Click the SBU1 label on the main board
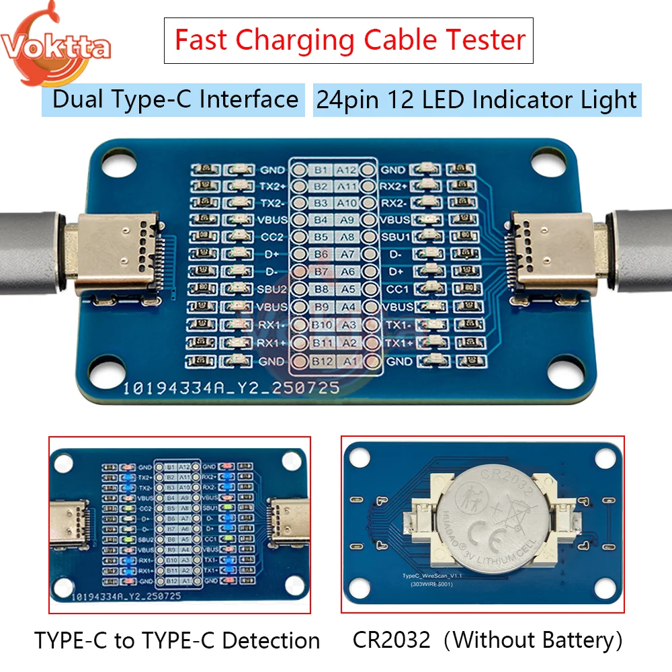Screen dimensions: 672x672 point(394,237)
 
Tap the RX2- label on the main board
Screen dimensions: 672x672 point(394,203)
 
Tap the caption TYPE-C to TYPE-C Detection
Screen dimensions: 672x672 point(177,640)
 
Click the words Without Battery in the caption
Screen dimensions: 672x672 point(534,640)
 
